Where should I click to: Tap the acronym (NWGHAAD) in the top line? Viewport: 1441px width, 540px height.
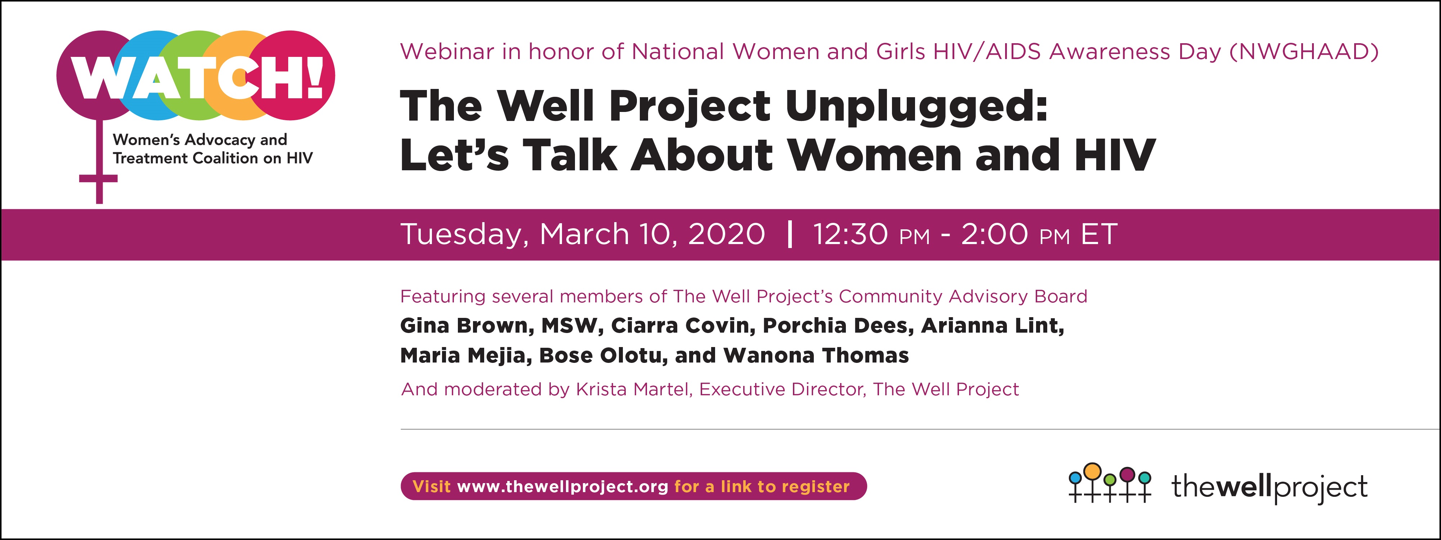1303,52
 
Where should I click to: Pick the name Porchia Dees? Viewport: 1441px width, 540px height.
838,325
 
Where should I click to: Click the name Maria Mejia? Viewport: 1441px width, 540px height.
465,356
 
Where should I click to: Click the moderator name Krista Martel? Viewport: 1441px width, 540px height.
634,389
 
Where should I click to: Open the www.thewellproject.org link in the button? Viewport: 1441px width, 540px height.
562,487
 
